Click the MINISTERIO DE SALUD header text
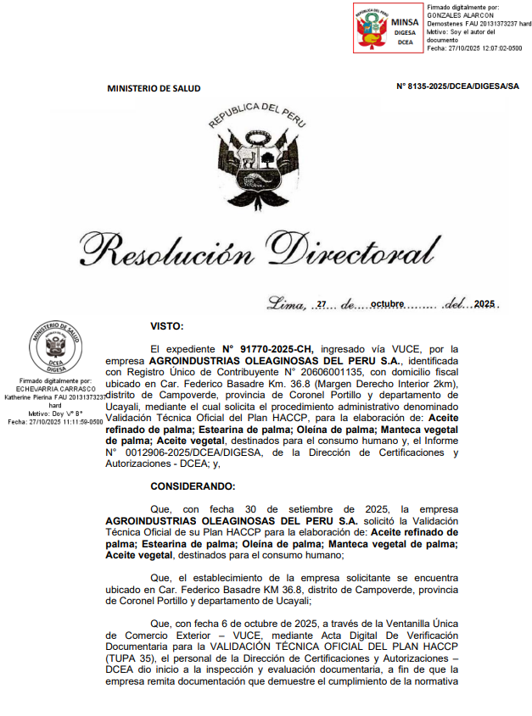point(154,88)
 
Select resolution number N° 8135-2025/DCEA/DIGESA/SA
point(457,87)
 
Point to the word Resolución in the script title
point(168,251)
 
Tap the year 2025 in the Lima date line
point(486,304)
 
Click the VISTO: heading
point(167,325)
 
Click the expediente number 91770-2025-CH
point(268,348)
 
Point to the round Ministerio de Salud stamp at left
point(54,347)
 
